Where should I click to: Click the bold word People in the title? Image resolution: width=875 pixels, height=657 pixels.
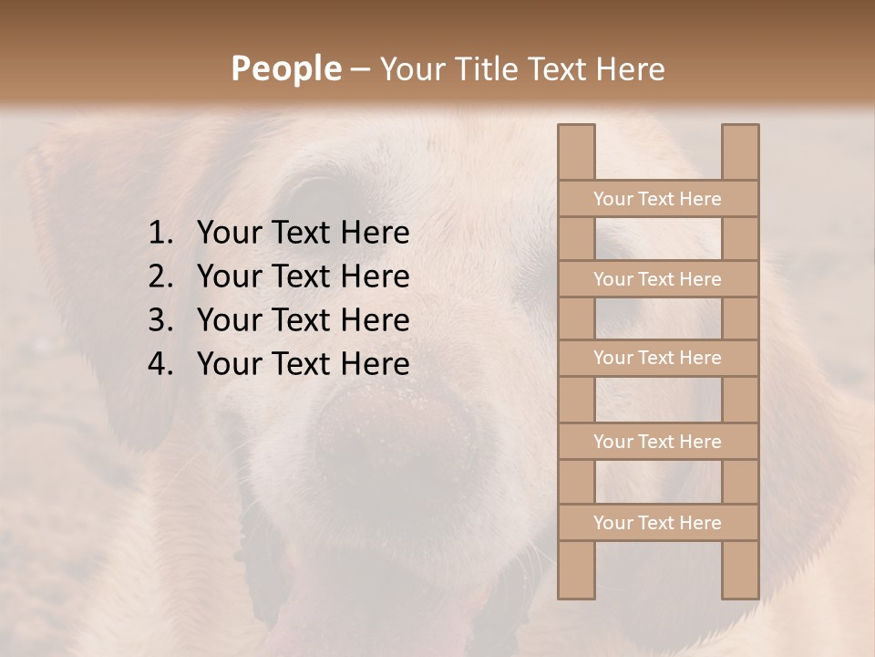click(285, 68)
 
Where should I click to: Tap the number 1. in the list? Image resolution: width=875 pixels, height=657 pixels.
click(161, 234)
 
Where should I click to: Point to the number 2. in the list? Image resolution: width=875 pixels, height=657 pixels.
click(161, 276)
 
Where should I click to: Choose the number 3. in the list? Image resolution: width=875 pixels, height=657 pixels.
click(161, 320)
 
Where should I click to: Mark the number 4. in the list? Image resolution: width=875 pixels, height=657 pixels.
click(161, 364)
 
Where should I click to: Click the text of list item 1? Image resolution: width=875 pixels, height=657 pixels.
click(303, 234)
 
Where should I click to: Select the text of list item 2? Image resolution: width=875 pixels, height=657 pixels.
click(303, 276)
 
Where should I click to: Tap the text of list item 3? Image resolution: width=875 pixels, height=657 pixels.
click(303, 320)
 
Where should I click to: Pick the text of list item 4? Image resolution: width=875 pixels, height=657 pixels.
click(303, 364)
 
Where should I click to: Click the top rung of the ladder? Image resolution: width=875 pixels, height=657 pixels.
click(657, 199)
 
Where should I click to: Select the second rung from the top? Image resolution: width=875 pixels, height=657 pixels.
click(657, 279)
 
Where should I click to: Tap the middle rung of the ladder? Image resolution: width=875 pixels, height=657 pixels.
click(657, 358)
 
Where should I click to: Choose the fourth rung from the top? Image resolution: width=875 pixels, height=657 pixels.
click(657, 442)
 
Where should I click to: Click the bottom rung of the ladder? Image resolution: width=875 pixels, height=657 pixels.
click(657, 523)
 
